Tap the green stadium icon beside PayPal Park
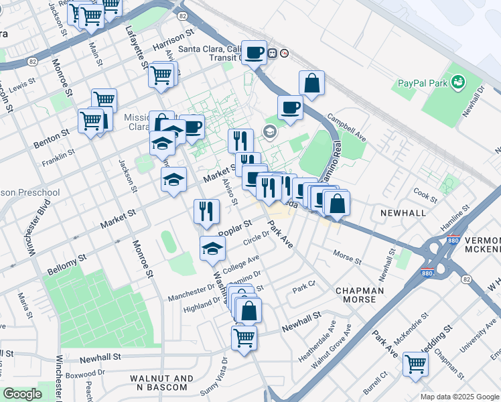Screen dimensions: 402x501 [x=459, y=82]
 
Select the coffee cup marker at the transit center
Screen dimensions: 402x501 [x=254, y=53]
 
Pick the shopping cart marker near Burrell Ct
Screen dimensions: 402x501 [x=416, y=364]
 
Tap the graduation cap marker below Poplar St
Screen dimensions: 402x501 [x=212, y=249]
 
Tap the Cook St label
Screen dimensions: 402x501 [x=425, y=194]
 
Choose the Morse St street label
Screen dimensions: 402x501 [x=347, y=257]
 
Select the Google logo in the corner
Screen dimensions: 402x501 [x=22, y=394]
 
